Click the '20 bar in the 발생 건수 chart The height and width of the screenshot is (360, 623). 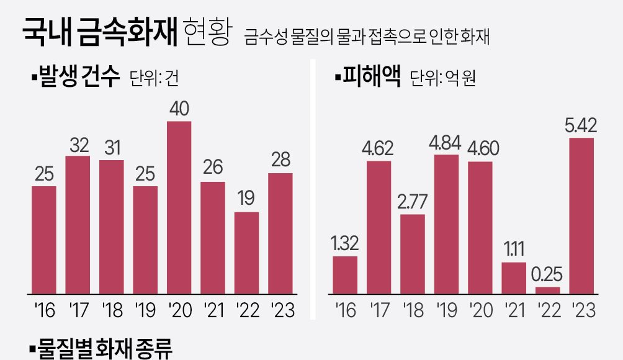[179, 207]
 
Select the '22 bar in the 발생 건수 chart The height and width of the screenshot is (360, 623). [246, 253]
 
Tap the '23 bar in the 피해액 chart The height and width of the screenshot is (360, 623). [581, 215]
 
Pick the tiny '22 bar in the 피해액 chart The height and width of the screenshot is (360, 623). [547, 290]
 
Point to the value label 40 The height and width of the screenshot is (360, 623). [179, 109]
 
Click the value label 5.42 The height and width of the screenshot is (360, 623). [581, 126]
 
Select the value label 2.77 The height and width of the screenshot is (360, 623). [413, 202]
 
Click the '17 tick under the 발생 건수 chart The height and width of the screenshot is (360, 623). [78, 309]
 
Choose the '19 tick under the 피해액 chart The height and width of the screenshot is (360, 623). [446, 309]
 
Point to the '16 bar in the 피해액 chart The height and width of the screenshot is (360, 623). [345, 275]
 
